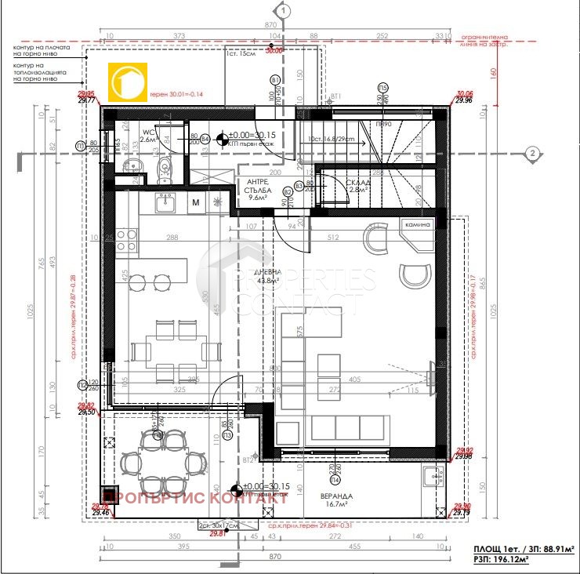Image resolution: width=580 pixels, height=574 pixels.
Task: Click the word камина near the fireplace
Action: [417, 225]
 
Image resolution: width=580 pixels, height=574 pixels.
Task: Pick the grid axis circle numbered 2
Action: [531, 153]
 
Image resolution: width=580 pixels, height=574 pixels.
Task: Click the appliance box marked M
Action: [195, 203]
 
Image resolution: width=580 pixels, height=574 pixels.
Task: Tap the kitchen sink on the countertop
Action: [165, 203]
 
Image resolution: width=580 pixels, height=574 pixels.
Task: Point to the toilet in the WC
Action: [163, 166]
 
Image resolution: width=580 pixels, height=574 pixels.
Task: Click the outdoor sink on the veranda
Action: [433, 476]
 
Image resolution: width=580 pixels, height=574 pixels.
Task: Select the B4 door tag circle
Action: [205, 139]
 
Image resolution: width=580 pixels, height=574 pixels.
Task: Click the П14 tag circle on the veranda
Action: [335, 479]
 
